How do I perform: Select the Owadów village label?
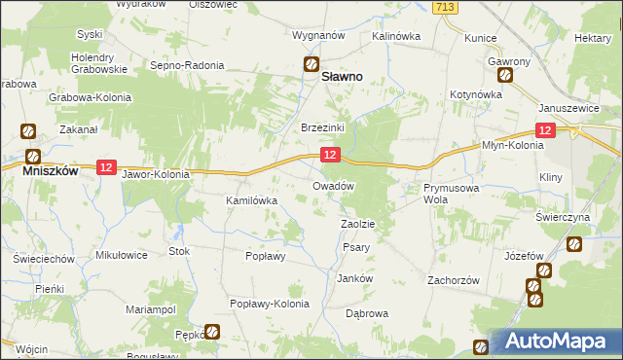332,185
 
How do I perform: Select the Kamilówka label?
252,200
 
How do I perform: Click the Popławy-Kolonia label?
269,304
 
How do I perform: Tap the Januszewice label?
568,108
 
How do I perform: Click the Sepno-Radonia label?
187,66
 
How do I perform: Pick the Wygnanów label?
319,35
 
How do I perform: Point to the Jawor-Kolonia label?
156,175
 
